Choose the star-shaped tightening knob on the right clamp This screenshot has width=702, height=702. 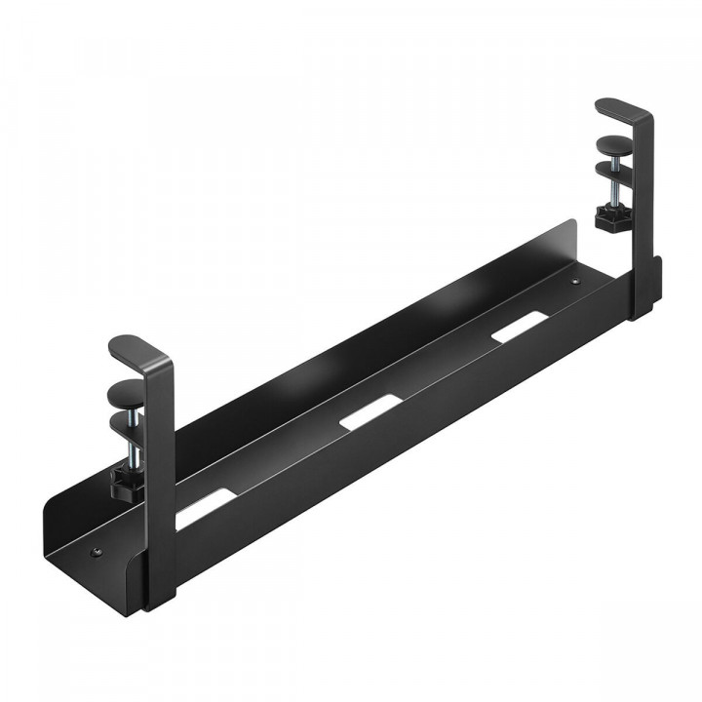612,222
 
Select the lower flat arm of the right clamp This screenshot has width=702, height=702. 615,169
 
